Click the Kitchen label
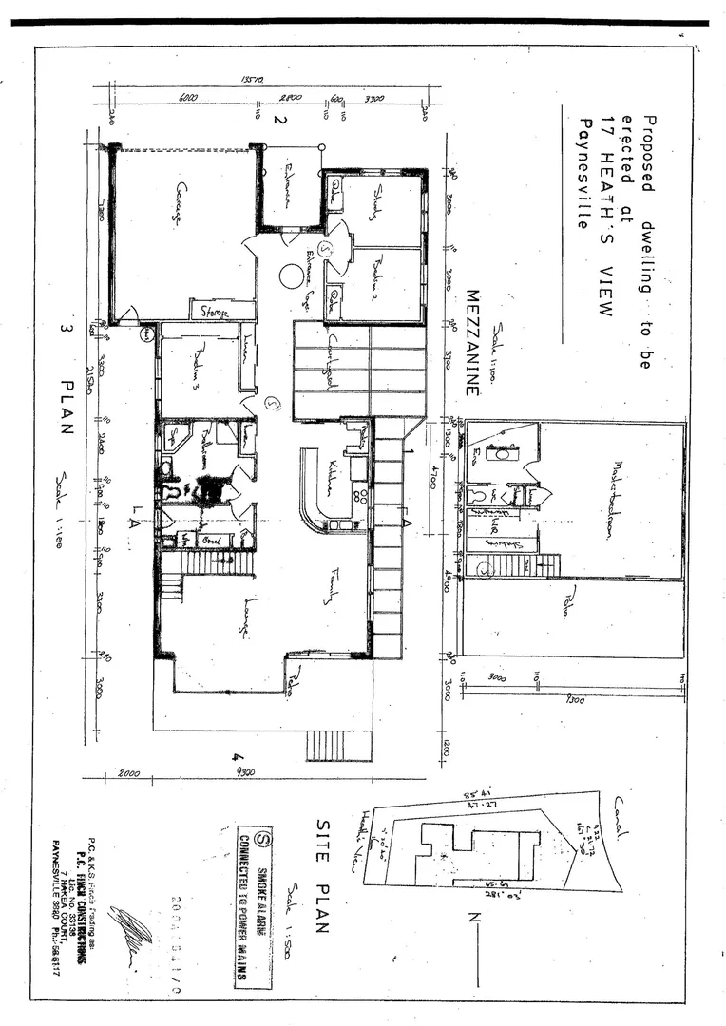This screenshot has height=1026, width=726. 332,470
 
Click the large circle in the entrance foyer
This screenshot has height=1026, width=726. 291,278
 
